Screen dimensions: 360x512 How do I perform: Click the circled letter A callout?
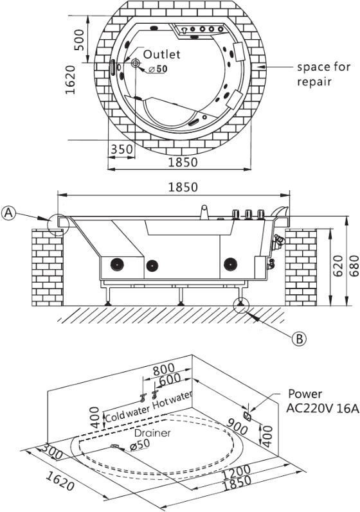pos(8,213)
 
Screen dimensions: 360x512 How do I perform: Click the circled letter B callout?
pos(299,339)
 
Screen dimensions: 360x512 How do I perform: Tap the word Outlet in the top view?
pos(162,54)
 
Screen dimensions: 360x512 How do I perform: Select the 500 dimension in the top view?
pos(79,40)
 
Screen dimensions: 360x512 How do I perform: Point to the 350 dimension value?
pos(122,149)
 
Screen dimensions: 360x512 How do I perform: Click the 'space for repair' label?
pos(323,74)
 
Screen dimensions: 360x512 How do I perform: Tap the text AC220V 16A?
pos(322,408)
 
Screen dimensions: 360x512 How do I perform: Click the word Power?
pos(305,394)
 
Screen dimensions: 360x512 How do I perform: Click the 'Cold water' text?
pos(127,412)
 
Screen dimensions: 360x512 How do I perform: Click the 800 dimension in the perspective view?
pos(164,369)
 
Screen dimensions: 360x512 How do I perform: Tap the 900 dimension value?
pos(237,426)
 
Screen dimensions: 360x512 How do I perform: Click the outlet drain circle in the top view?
pos(135,63)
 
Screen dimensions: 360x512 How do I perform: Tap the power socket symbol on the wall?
pos(248,416)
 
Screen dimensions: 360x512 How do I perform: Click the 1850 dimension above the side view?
pos(183,187)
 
